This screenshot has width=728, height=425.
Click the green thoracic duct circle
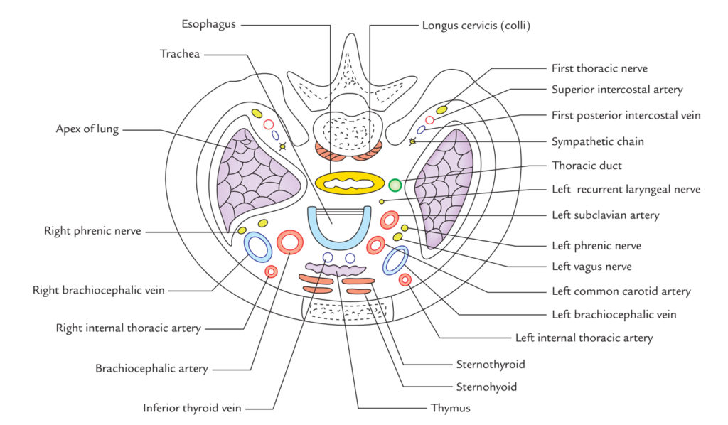395,185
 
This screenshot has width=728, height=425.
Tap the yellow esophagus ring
321,182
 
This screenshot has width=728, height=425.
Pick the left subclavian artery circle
383,220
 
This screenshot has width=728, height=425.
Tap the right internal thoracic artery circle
271,271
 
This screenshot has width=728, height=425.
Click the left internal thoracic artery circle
405,280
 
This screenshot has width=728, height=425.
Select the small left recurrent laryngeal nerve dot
382,201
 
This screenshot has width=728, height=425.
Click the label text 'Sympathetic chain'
597,141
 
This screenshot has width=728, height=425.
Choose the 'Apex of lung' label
87,129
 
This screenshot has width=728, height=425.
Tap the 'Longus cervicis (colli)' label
476,26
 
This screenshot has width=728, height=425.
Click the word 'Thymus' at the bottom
450,408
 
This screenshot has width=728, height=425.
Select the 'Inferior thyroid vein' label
192,408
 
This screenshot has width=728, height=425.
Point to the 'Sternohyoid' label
486,387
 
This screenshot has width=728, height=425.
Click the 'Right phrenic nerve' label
92,231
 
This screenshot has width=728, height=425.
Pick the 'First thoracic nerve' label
599,69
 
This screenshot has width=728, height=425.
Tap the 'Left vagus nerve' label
591,267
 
